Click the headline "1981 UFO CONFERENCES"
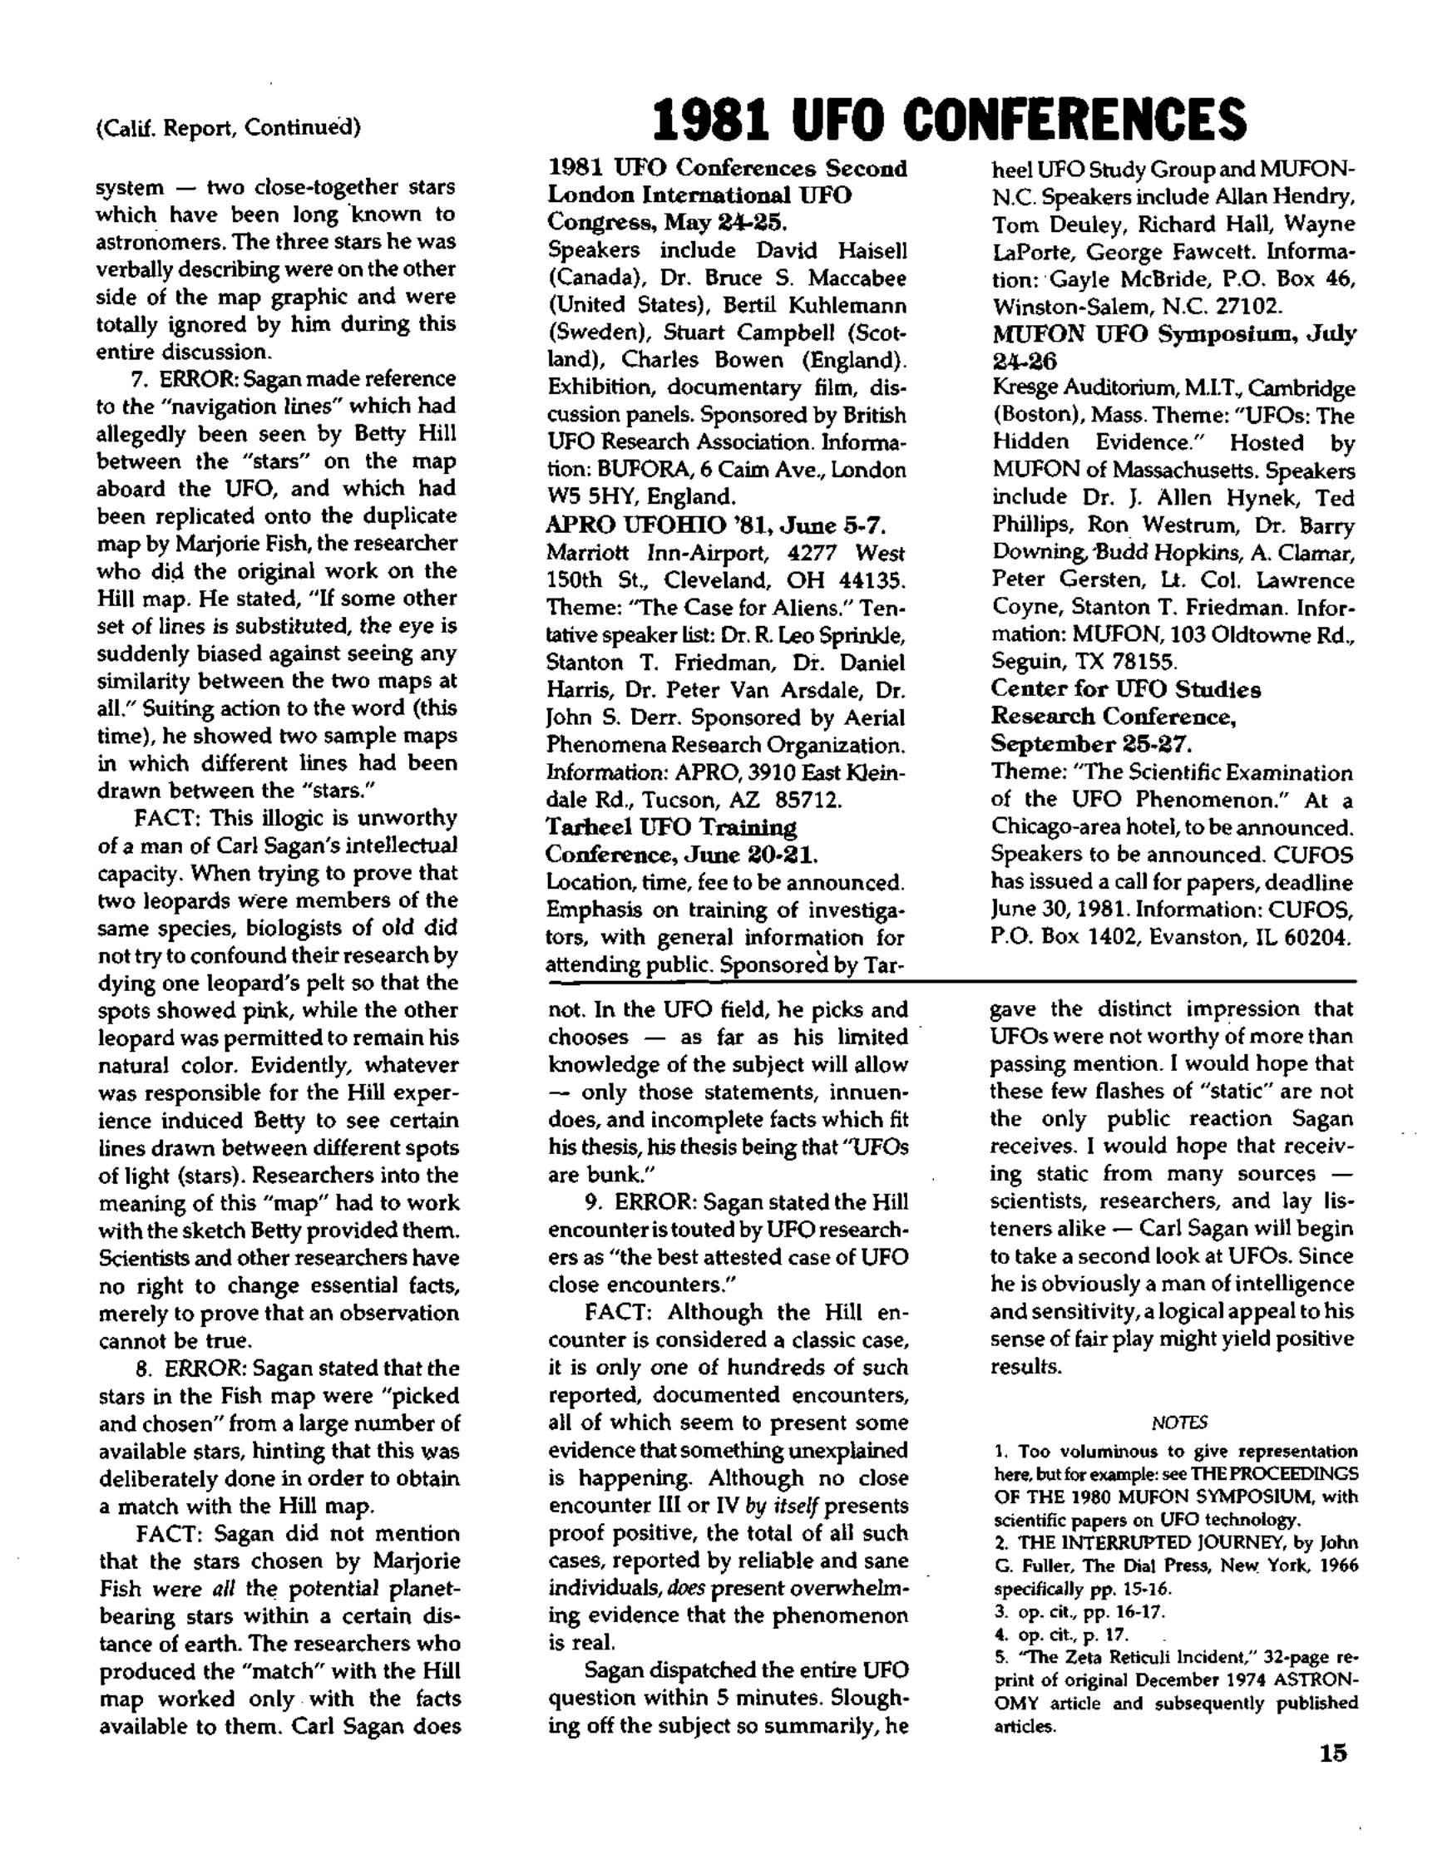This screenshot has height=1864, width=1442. coord(949,121)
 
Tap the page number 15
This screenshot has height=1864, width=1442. coord(1333,1753)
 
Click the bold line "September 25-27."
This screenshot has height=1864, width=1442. coord(1089,744)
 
